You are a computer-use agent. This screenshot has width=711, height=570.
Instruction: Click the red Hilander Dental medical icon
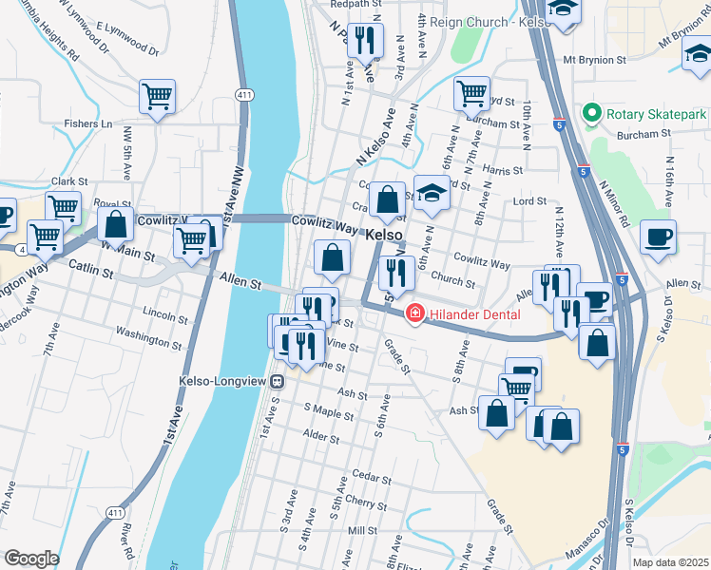click(414, 313)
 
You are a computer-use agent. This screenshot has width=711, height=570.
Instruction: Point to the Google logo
click(31, 558)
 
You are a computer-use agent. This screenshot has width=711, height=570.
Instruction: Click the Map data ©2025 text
click(670, 562)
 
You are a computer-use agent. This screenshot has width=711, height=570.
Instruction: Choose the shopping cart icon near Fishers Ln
click(157, 96)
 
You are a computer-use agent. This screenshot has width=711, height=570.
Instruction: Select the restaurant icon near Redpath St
click(365, 40)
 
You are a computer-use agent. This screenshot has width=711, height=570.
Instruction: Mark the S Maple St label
click(329, 411)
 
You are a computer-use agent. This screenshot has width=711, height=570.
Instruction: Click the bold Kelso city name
click(384, 234)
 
